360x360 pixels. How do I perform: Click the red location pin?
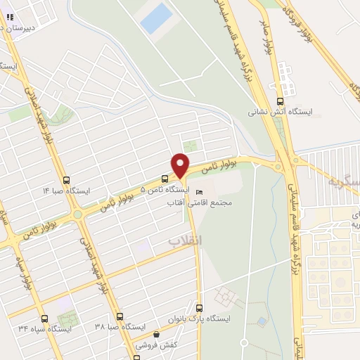tap(181, 166)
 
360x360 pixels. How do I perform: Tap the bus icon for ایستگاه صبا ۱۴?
tap(67, 180)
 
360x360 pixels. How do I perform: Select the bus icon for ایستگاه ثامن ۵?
tap(165, 179)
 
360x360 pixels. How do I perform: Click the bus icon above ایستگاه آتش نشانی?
tap(281, 100)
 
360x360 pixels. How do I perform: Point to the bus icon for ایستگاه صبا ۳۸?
tap(120, 316)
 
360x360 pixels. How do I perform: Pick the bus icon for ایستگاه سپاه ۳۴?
tap(44, 318)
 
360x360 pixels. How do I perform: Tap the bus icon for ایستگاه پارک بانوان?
tap(199, 308)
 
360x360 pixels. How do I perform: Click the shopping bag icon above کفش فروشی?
tap(156, 334)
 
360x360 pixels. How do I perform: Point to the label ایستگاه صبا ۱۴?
tap(66, 191)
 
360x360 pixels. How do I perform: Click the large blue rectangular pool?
tap(155, 18)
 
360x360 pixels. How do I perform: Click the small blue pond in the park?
tap(262, 321)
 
